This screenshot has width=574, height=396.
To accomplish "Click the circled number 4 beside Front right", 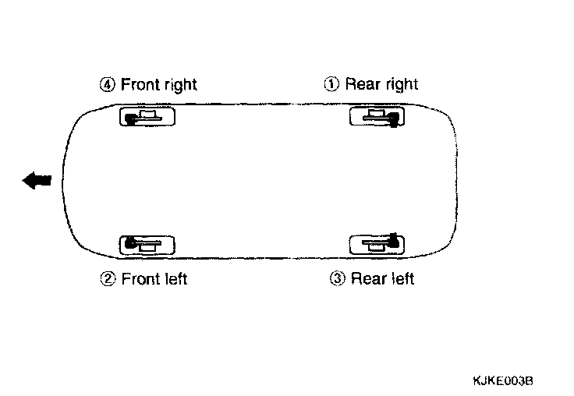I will point(108,84).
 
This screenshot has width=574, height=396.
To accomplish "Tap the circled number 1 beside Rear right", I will point(332,84).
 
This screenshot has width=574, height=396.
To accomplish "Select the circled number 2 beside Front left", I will point(108,278).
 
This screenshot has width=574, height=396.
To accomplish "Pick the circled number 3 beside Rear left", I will point(338,278).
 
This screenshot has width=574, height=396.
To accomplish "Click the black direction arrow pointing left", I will point(37,181).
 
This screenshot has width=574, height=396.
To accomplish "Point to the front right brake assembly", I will point(147,117).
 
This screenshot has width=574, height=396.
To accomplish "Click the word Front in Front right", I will point(140,84).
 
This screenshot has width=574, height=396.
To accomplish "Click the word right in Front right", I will point(181,85).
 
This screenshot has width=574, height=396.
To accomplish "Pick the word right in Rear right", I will point(400,85).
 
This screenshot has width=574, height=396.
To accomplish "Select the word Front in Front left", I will point(141,278).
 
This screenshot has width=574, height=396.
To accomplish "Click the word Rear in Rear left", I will point(368,278).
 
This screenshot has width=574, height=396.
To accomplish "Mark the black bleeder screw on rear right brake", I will point(394,119).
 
